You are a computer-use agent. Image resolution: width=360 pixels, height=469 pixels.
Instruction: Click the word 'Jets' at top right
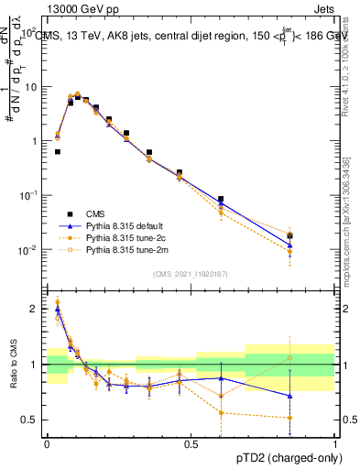tap(323, 7)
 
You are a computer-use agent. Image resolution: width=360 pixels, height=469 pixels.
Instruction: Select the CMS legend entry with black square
tap(93, 213)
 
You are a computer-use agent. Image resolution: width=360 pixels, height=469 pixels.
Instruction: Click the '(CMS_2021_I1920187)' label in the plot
tap(191, 274)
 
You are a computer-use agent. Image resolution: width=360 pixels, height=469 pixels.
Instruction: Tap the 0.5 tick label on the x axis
tap(191, 443)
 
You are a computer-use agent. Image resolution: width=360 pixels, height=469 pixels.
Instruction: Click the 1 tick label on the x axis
tap(335, 443)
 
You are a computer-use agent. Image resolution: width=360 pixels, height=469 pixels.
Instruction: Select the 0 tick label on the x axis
tap(47, 443)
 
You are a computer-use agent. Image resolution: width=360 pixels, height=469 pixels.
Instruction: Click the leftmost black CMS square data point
tap(58, 152)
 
